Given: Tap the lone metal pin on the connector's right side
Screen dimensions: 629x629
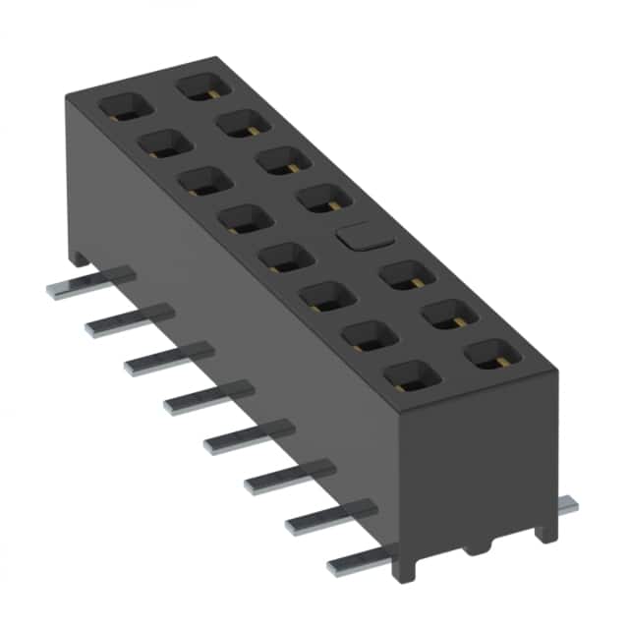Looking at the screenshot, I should pos(567,505).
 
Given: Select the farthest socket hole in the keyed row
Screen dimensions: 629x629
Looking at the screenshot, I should pos(202,86).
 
